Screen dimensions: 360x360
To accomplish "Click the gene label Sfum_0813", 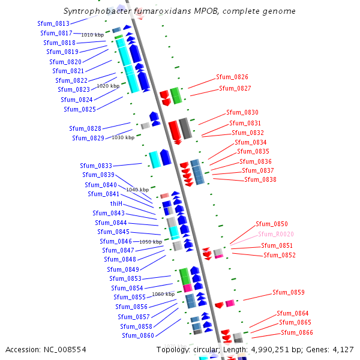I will tap(53, 23).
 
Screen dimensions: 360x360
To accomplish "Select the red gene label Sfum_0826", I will tap(232, 77).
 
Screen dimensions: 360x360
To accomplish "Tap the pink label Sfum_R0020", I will tap(276, 234).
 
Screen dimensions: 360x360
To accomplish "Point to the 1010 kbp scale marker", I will tap(92, 35).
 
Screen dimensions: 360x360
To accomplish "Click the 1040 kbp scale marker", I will tap(137, 190).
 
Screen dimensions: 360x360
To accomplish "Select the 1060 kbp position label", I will tap(163, 294).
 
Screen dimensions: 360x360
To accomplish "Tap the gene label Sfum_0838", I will tap(260, 179).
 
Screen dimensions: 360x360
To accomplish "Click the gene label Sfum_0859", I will tap(289, 292).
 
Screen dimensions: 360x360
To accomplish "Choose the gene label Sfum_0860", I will tap(137, 335).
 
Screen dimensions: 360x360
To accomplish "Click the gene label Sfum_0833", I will tap(96, 166).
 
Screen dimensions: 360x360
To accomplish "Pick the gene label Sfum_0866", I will tap(297, 332).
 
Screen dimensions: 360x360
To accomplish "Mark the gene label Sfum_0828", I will tap(85, 128).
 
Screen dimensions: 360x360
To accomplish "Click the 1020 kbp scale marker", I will tap(107, 86).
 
